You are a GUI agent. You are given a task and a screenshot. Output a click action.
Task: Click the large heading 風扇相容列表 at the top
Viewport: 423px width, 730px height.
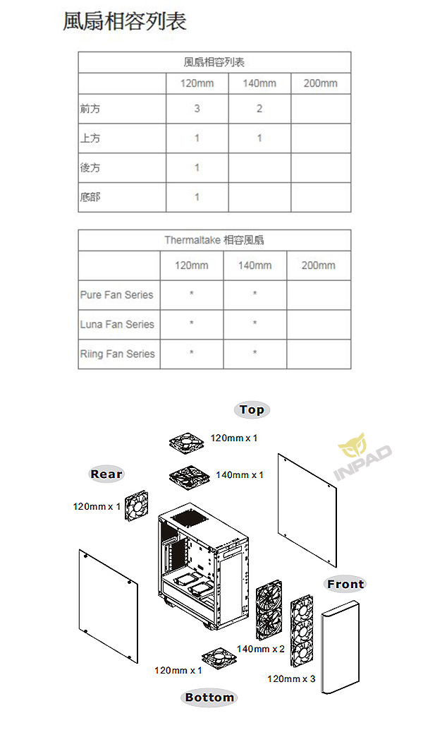point(125,21)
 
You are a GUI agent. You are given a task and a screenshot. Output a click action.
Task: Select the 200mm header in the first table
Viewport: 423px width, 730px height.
point(320,83)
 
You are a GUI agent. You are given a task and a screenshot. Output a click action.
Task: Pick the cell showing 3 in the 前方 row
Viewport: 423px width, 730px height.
point(197,109)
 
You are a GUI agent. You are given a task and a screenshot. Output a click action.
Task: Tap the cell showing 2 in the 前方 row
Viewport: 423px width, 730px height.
point(259,109)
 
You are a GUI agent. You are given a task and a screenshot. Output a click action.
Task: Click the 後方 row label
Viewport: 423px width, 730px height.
point(90,167)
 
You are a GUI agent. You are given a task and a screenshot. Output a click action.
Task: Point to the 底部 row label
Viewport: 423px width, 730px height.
point(90,197)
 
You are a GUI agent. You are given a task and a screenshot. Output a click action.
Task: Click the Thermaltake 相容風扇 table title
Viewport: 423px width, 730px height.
point(214,240)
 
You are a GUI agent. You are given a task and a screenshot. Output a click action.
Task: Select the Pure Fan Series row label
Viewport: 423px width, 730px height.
point(116,294)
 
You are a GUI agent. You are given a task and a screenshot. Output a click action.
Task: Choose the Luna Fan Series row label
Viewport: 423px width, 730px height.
point(117,324)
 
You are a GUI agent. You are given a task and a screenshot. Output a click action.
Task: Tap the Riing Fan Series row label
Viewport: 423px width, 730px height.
point(118,354)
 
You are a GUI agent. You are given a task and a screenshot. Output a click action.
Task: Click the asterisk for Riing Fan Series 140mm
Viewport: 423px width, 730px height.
point(255,352)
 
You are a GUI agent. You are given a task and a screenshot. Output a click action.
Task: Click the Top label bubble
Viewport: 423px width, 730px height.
point(252,409)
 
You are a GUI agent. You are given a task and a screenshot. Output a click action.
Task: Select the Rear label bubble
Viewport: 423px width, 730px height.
point(106,474)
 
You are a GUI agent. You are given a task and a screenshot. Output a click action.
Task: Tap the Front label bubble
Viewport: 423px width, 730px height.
point(345,585)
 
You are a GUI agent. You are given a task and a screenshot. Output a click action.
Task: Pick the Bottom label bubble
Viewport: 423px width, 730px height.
point(209,697)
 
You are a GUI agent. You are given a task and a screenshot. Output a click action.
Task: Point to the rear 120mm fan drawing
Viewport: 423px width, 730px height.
point(137,505)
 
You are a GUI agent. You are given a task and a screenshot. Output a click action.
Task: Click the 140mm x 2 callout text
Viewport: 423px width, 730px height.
point(260,649)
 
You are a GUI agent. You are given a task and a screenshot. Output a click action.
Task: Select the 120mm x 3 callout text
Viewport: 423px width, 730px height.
point(291,678)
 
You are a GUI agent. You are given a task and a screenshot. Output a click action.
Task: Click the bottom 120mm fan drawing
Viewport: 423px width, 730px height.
point(219,658)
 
